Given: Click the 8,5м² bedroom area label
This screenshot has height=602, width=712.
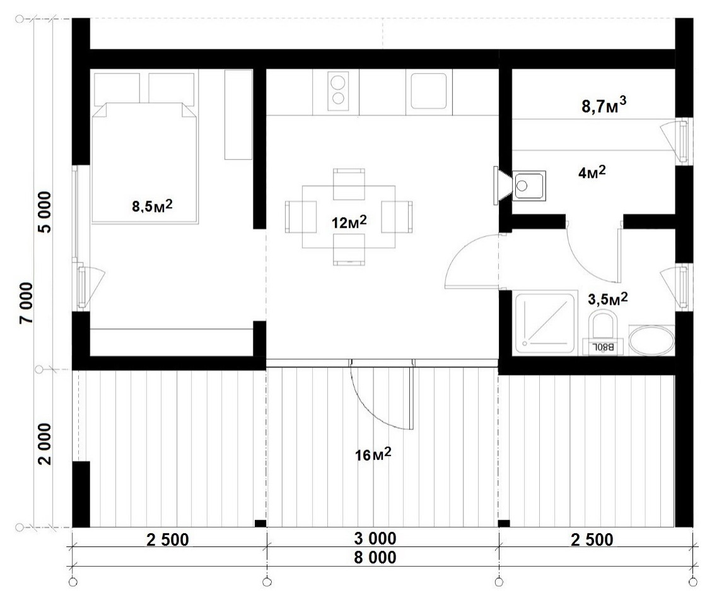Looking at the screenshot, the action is pyautogui.click(x=152, y=206).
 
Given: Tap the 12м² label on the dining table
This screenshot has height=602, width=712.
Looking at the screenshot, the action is pyautogui.click(x=349, y=222).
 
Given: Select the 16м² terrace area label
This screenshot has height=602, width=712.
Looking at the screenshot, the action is pyautogui.click(x=373, y=454).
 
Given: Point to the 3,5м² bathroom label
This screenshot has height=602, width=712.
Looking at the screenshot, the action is pyautogui.click(x=607, y=299).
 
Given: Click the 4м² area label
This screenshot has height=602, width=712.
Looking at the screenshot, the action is pyautogui.click(x=592, y=172).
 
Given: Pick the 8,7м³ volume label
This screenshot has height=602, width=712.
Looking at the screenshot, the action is pyautogui.click(x=604, y=106).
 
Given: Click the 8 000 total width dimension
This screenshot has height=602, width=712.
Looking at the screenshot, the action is pyautogui.click(x=375, y=557).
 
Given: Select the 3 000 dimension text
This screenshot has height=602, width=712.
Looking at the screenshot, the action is pyautogui.click(x=375, y=538).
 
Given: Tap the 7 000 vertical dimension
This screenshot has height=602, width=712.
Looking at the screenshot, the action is pyautogui.click(x=26, y=303).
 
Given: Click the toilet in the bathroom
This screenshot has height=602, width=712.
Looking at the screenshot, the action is pyautogui.click(x=602, y=333).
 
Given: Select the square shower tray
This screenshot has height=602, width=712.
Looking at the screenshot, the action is pyautogui.click(x=546, y=324).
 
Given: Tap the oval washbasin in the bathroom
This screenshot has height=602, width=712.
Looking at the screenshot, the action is pyautogui.click(x=651, y=340).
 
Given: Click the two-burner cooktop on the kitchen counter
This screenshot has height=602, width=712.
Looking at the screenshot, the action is pyautogui.click(x=338, y=91).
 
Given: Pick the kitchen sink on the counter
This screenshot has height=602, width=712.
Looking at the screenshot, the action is pyautogui.click(x=429, y=91).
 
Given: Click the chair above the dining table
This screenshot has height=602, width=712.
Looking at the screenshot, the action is pyautogui.click(x=349, y=184).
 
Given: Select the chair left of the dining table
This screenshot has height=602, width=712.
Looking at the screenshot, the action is pyautogui.click(x=301, y=216).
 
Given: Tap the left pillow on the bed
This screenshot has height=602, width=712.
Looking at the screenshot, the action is pyautogui.click(x=117, y=90).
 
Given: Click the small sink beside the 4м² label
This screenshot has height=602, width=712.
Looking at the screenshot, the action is pyautogui.click(x=529, y=186).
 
